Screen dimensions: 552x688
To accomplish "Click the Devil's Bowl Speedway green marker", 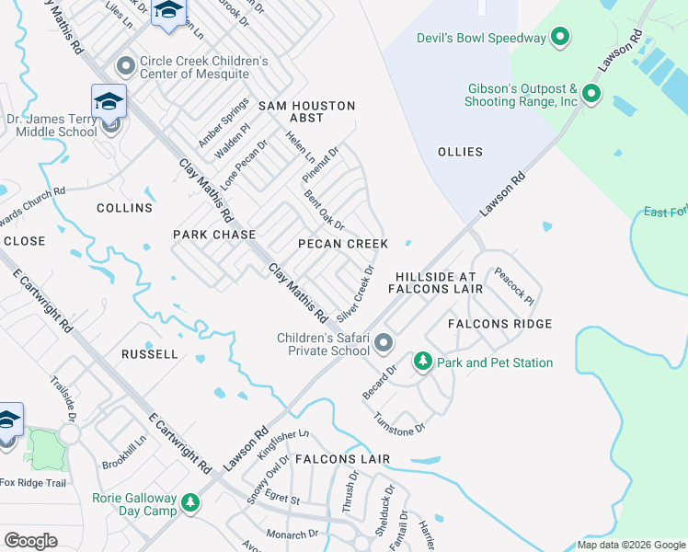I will [560, 38].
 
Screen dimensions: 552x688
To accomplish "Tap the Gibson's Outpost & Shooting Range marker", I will [591, 93].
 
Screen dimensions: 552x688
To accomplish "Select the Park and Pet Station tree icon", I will [423, 362].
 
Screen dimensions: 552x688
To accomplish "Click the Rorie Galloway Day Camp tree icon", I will [190, 503].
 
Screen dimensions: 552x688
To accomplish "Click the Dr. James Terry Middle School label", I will [56, 124].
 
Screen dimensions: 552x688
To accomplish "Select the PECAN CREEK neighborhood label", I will [343, 244].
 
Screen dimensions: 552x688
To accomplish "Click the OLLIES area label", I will [460, 152].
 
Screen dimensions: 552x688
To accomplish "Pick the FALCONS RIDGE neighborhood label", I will [499, 324].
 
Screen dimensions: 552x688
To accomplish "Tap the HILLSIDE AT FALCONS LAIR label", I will [436, 282].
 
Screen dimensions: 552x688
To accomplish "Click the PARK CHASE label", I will [214, 235].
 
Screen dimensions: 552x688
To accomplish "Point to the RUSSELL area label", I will [150, 353].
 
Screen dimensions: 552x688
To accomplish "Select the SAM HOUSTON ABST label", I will [306, 111].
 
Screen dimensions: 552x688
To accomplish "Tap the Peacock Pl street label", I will [513, 286].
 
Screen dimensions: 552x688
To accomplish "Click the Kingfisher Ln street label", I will [283, 444].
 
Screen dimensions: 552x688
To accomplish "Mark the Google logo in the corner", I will [30, 541].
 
